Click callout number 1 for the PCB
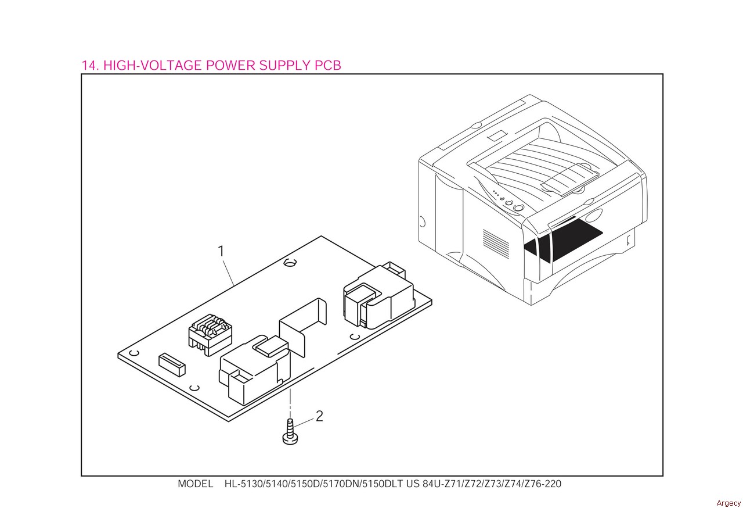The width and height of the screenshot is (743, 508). pyautogui.click(x=221, y=251)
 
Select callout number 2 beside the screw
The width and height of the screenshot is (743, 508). pyautogui.click(x=319, y=416)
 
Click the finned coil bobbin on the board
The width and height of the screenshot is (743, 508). pyautogui.click(x=206, y=333)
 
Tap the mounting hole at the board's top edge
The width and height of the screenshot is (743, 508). pyautogui.click(x=288, y=263)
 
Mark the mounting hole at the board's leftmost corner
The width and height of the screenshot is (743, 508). pyautogui.click(x=133, y=353)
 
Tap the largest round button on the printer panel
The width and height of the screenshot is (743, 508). pyautogui.click(x=519, y=208)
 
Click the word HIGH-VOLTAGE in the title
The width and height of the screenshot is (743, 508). pyautogui.click(x=153, y=65)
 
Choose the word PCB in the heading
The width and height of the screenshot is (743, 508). pyautogui.click(x=327, y=65)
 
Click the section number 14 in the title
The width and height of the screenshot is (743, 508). pyautogui.click(x=89, y=65)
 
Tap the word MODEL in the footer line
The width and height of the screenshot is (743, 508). pyautogui.click(x=195, y=484)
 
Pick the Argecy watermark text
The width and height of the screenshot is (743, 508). pyautogui.click(x=728, y=503)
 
